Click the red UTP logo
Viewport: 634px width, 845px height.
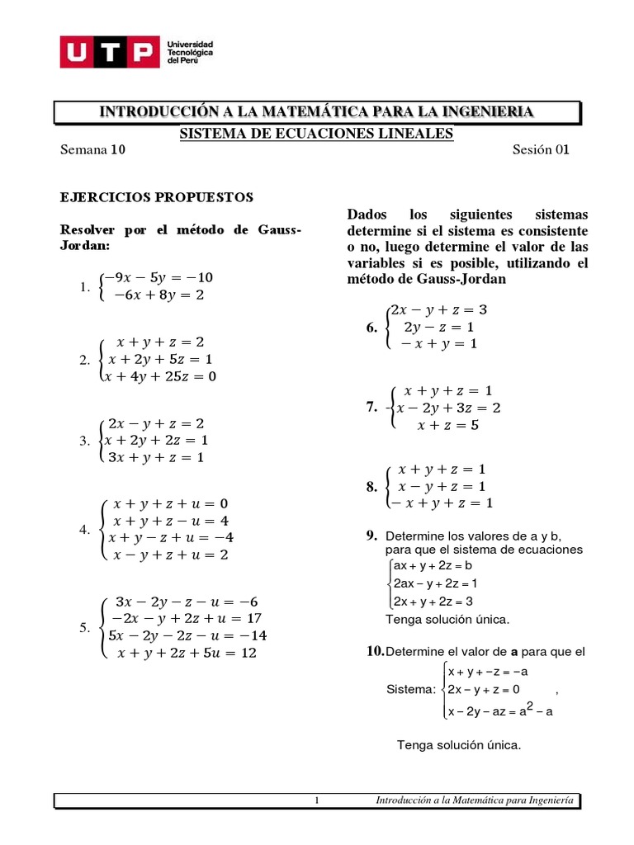108,52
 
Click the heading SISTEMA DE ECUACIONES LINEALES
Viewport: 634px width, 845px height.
317,134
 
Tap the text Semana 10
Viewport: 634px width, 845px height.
93,150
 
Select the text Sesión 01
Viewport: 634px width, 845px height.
541,150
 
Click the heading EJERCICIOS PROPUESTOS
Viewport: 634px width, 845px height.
157,198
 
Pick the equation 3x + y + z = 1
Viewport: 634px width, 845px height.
157,456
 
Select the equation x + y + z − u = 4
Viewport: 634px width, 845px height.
171,521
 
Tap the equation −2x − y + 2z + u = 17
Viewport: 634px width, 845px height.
187,618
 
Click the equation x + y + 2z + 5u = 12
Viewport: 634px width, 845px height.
187,653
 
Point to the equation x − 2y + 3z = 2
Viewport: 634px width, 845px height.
448,408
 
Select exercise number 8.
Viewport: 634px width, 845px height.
371,487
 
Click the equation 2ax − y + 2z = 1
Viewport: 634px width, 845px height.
436,583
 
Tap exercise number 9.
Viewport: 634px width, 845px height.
371,536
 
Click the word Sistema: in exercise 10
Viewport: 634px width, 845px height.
410,689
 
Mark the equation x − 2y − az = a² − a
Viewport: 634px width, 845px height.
499,710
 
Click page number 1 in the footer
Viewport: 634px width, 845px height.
316,800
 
